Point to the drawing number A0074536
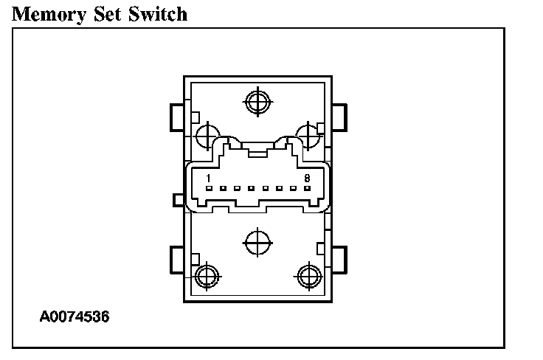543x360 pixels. (75, 318)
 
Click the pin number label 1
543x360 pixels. (209, 179)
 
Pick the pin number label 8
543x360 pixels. (306, 179)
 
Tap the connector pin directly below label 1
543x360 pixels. (209, 189)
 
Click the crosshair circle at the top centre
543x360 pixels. (257, 101)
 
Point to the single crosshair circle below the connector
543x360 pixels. (256, 240)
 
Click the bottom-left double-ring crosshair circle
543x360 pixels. (207, 276)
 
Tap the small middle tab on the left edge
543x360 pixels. (177, 199)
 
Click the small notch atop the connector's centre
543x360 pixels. (257, 153)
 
